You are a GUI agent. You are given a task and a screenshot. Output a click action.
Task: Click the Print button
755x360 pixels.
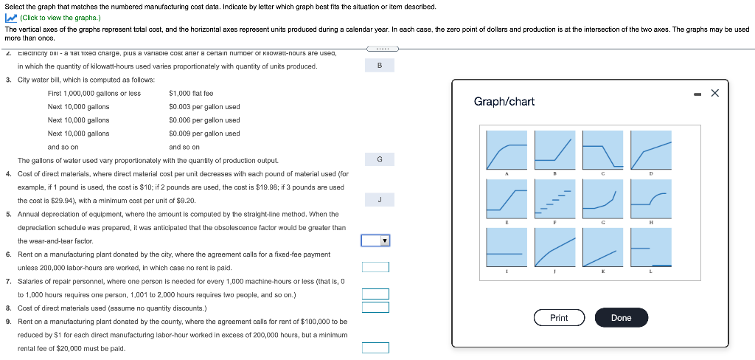(x=559, y=318)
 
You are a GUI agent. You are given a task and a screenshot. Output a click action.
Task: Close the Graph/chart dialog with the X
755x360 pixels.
(x=714, y=93)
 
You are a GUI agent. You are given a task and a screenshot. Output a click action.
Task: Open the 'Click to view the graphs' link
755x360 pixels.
(x=55, y=17)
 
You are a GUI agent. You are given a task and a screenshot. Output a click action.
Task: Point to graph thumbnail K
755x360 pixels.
(x=602, y=247)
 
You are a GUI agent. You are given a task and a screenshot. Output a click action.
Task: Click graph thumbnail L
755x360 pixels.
(x=651, y=247)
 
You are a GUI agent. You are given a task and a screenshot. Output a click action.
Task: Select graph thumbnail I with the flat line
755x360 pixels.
(x=507, y=247)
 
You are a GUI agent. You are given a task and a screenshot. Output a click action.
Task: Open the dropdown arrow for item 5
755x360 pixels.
(x=383, y=240)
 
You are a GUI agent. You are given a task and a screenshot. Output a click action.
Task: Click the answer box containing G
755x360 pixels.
(x=379, y=159)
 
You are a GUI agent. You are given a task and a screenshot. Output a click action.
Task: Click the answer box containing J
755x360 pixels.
(x=379, y=199)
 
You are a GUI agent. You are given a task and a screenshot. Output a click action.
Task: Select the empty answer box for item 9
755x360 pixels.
(x=375, y=347)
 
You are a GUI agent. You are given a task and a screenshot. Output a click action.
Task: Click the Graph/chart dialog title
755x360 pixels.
(x=504, y=101)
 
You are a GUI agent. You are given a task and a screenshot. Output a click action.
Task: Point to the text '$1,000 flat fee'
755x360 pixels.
(x=191, y=94)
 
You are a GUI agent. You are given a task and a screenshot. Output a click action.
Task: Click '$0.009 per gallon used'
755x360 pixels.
(x=204, y=134)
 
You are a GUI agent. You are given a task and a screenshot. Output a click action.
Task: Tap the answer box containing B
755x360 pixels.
(x=379, y=66)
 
